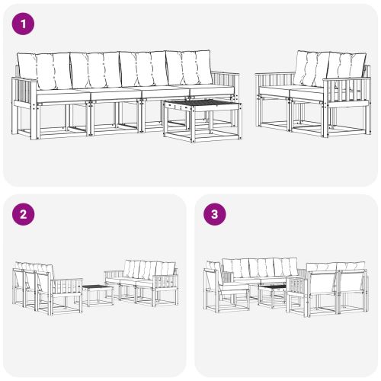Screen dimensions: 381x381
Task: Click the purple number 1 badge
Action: pos(24,24)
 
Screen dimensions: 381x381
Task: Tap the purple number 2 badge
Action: pos(24,214)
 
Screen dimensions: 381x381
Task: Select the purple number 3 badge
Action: pos(215,214)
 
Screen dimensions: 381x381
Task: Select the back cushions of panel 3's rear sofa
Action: pos(259,267)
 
